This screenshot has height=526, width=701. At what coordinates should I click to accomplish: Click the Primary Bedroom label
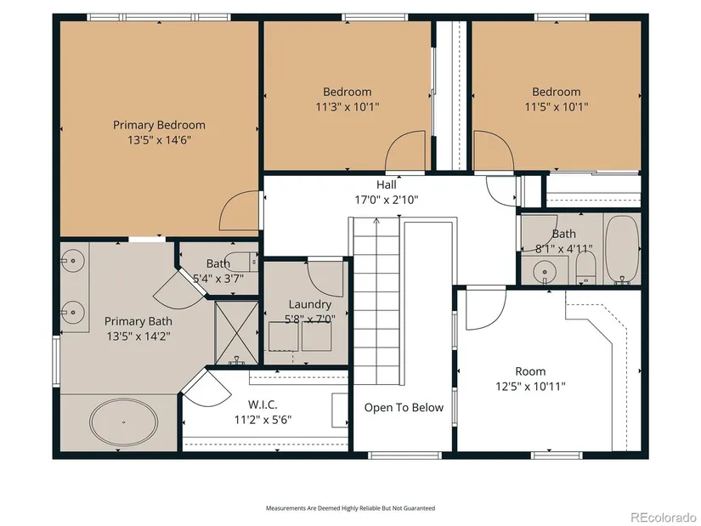tap(159, 125)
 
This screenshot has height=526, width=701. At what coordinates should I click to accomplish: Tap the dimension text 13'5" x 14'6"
tap(159, 140)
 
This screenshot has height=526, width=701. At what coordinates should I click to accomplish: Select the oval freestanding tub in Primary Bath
tap(124, 421)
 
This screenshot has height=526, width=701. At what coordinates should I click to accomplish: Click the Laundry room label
tap(310, 304)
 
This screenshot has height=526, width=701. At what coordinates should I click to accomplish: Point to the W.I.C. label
tap(263, 404)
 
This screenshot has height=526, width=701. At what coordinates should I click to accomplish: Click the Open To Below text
tap(404, 408)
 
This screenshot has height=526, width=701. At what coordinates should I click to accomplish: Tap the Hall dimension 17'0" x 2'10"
tap(387, 200)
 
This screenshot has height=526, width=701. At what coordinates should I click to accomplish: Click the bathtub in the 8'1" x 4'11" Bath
tap(622, 250)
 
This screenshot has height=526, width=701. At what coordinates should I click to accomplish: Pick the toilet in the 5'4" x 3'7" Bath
tap(247, 261)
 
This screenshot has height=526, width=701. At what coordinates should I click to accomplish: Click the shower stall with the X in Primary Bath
tap(236, 333)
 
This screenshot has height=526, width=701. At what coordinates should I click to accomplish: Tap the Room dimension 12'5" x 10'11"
tap(531, 386)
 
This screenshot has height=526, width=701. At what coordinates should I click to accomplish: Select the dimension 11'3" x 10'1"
tap(348, 107)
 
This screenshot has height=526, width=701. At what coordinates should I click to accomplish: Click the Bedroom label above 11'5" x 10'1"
tap(557, 92)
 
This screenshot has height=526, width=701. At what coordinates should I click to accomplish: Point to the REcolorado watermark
tap(663, 517)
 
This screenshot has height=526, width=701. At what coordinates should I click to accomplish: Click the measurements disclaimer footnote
tap(350, 508)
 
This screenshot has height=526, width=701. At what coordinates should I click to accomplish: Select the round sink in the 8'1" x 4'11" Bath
tap(545, 271)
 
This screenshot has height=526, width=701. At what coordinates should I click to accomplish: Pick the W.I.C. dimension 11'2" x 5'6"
tap(263, 420)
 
